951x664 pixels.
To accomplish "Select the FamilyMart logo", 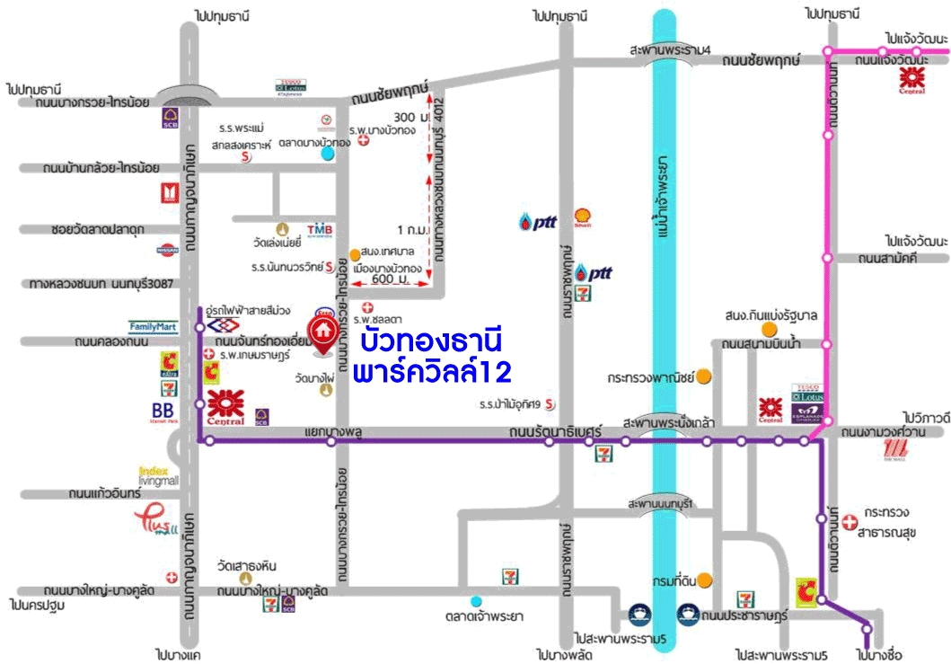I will [x=153, y=327].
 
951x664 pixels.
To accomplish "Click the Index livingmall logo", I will [x=159, y=474].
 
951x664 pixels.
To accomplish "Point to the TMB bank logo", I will [x=320, y=231].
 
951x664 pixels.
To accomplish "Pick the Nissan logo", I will [x=168, y=249].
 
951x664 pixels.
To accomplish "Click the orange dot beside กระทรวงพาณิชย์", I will [x=705, y=376].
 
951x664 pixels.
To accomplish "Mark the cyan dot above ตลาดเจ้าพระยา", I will [x=476, y=601].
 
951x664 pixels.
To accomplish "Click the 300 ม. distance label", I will [x=408, y=118].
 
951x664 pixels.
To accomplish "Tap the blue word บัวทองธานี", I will [x=429, y=342].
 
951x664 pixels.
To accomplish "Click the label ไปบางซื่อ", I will [x=879, y=654].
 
